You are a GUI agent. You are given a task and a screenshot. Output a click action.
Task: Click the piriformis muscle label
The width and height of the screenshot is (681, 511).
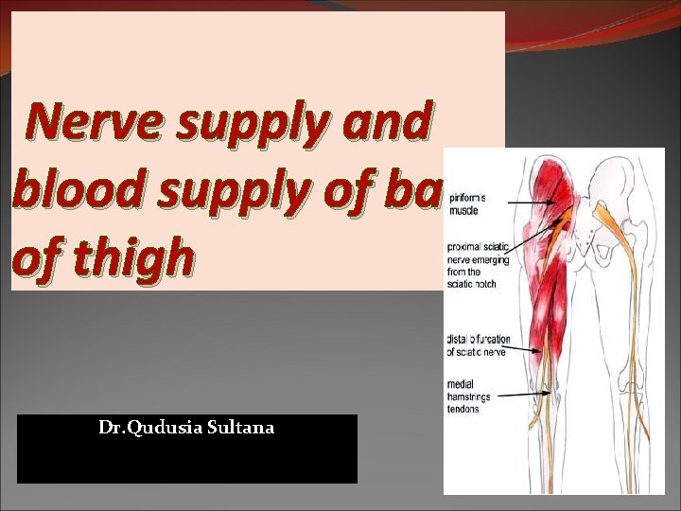pyautogui.click(x=468, y=203)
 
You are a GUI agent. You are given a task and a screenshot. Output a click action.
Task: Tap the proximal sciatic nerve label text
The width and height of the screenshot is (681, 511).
pyautogui.click(x=477, y=260)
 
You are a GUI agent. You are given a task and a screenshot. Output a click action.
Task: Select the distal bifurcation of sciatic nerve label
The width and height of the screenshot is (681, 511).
pyautogui.click(x=478, y=345)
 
